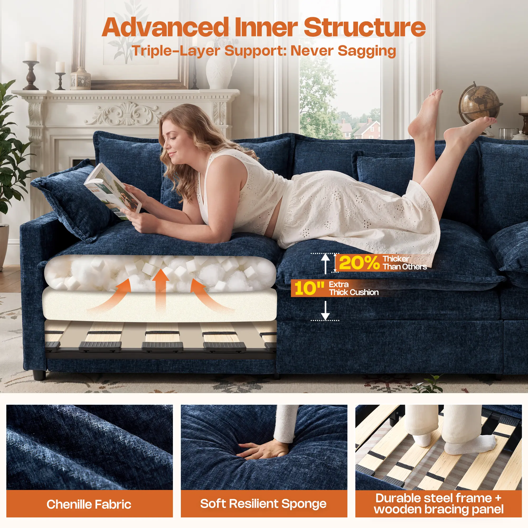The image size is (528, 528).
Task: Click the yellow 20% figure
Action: (359, 263)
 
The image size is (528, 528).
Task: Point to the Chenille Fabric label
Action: (89, 504)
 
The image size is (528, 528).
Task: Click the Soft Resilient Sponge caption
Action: (263, 504)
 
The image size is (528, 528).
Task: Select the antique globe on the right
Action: (480, 105)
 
